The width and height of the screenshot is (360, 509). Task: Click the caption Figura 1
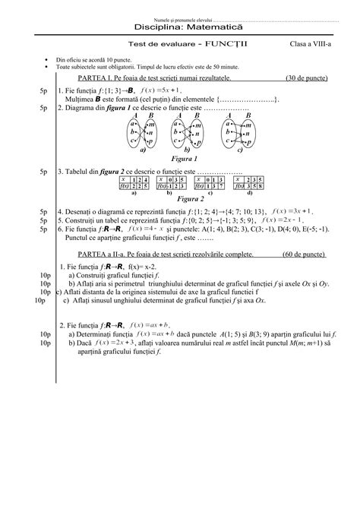point(186,160)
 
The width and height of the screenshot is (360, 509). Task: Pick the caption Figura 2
point(186,199)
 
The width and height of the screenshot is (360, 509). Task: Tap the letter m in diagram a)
point(152,124)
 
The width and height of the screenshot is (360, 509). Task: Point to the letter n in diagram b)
point(199,133)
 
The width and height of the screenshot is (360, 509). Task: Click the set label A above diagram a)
point(134,115)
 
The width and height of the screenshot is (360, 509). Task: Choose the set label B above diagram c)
point(242,115)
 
